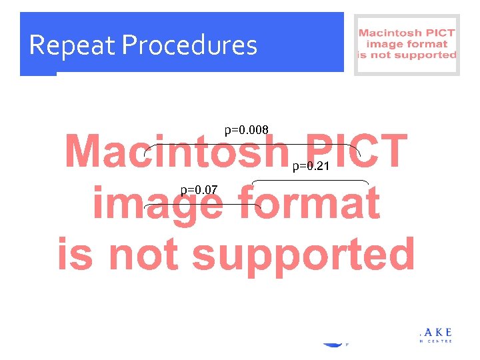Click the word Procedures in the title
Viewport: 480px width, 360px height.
point(190,45)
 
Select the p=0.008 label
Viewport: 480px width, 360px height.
point(246,129)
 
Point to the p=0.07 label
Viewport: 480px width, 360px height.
point(199,190)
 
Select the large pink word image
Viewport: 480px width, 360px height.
point(157,203)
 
